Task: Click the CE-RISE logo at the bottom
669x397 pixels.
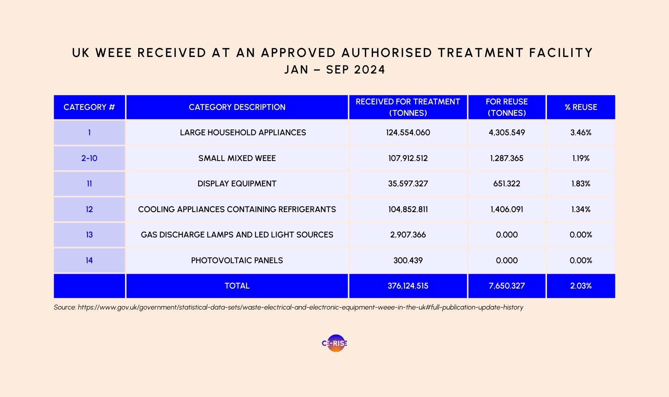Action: tap(334, 343)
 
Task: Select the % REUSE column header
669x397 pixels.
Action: tap(581, 107)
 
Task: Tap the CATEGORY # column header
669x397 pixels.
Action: tap(89, 107)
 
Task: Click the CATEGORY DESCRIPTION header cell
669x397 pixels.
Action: tap(237, 107)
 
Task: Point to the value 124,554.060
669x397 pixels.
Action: tap(408, 133)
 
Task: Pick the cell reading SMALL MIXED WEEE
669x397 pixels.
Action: tap(237, 158)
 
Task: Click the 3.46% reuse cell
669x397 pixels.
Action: tap(581, 133)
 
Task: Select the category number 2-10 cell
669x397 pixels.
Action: tap(89, 158)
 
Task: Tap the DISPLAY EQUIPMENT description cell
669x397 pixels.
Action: tap(237, 184)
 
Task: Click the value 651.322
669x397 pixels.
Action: tap(507, 184)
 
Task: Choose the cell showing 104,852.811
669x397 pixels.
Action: tap(408, 210)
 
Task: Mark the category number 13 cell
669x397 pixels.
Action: tap(89, 235)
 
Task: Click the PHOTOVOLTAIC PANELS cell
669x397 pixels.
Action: tap(237, 261)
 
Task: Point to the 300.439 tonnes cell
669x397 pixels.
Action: tap(408, 261)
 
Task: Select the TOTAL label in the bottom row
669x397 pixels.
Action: tap(237, 286)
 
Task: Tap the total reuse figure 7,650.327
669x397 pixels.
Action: tap(507, 286)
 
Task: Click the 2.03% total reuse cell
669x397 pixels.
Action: tap(581, 286)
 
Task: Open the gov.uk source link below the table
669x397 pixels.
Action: tap(300, 307)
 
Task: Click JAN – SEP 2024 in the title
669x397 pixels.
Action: tap(334, 70)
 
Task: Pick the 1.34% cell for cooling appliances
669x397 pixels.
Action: tap(581, 210)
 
